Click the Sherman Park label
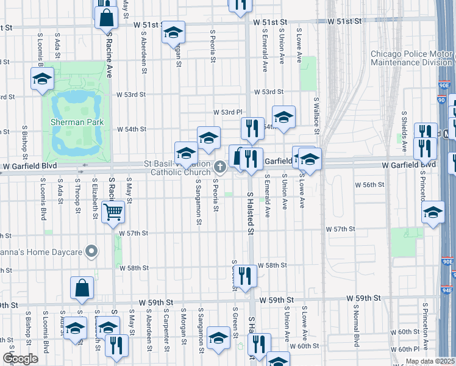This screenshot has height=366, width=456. pyautogui.click(x=77, y=123)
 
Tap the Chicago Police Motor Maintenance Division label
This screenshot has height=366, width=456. pyautogui.click(x=411, y=58)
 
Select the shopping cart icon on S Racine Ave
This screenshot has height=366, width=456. pyautogui.click(x=113, y=212)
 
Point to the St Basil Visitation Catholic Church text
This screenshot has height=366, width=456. pyautogui.click(x=177, y=168)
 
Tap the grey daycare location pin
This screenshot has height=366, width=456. pyautogui.click(x=91, y=251)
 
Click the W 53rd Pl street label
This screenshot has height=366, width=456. pyautogui.click(x=228, y=112)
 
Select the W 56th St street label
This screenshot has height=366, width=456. pyautogui.click(x=371, y=184)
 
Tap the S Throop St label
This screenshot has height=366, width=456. pyautogui.click(x=77, y=196)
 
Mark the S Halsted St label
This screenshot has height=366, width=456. pyautogui.click(x=250, y=212)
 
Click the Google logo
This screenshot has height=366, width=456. pyautogui.click(x=20, y=359)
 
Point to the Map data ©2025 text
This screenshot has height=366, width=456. pyautogui.click(x=430, y=361)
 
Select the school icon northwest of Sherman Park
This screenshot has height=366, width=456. pyautogui.click(x=42, y=79)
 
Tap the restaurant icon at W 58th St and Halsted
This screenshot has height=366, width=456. pyautogui.click(x=244, y=276)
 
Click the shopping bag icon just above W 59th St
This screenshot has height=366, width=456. pyautogui.click(x=82, y=288)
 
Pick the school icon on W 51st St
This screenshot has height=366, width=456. pyautogui.click(x=173, y=32)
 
